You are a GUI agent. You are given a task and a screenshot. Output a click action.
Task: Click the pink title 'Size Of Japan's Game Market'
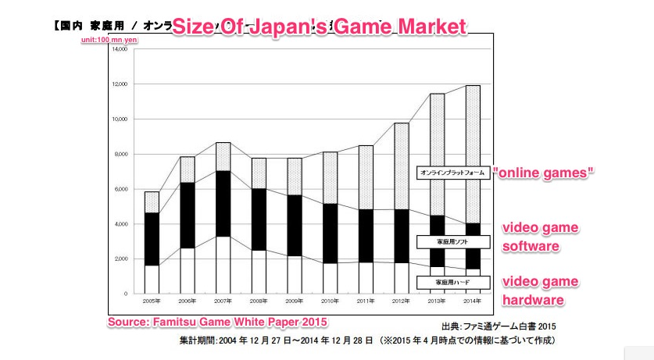(x=318, y=25)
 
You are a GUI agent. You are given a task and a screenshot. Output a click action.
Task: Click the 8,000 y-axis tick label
(x=120, y=154)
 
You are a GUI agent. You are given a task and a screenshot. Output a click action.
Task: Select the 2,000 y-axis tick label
(x=120, y=258)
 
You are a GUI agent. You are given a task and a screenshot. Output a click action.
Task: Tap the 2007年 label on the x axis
(x=223, y=300)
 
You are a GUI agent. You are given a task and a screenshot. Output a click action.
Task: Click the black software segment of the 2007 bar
(x=223, y=203)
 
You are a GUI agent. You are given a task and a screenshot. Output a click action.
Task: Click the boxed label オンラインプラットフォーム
(x=452, y=173)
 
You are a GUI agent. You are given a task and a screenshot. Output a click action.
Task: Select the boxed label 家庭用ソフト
(x=452, y=242)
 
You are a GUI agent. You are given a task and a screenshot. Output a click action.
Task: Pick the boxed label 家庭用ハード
(x=452, y=281)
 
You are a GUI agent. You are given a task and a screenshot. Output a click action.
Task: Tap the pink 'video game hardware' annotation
(x=539, y=290)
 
